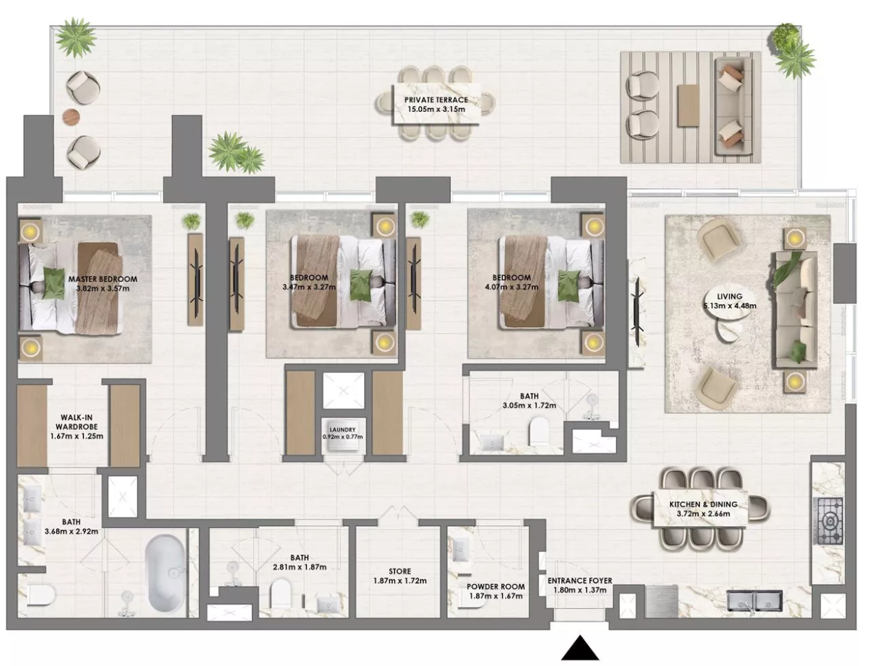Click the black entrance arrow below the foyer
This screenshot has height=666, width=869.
(x=580, y=648)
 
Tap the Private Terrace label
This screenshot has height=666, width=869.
(x=436, y=100)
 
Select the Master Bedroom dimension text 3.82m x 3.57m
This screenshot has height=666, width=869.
(x=103, y=288)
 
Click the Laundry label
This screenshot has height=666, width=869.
(x=343, y=429)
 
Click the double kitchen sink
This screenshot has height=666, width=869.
(x=754, y=601)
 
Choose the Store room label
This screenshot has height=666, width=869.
(x=400, y=571)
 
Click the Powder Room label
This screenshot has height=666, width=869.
(x=495, y=587)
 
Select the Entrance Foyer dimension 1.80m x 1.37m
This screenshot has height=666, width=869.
(x=580, y=590)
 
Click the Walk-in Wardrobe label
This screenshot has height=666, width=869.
(x=77, y=422)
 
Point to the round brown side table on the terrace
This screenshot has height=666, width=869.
(x=72, y=117)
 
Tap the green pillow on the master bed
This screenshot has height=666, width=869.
(x=54, y=284)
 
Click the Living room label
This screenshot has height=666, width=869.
(x=729, y=296)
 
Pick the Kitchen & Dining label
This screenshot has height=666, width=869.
(x=703, y=505)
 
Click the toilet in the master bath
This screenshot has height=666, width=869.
(x=41, y=595)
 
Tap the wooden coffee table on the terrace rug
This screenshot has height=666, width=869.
(x=689, y=106)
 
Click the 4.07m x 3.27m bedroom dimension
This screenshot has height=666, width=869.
(x=511, y=287)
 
